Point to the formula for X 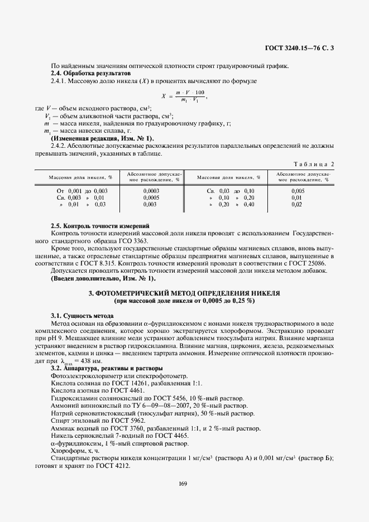point(183,96)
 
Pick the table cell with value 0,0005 point(151,197)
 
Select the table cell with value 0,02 point(296,205)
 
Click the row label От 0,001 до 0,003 point(78,190)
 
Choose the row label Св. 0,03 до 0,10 point(230,190)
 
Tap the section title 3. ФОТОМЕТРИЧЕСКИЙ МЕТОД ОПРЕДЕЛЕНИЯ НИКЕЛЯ point(184,292)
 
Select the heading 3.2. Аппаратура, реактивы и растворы point(107,369)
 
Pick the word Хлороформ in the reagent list point(66,451)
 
